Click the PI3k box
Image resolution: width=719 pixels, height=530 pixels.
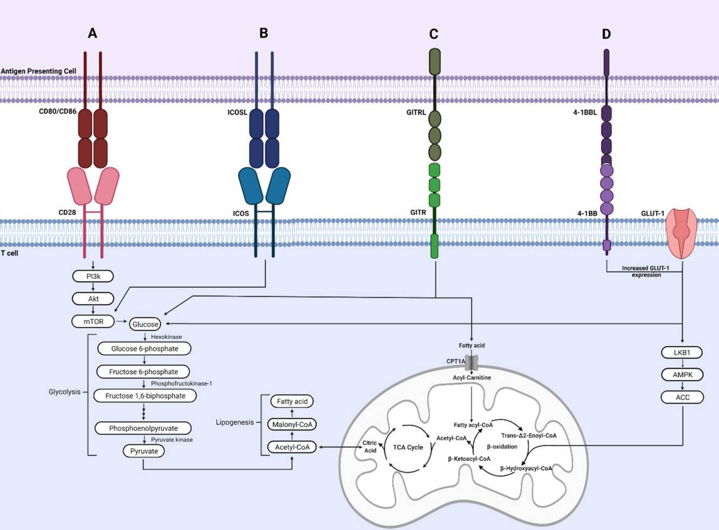point(93,276)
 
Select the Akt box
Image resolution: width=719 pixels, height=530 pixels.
point(93,298)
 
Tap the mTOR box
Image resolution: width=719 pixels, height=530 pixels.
point(93,321)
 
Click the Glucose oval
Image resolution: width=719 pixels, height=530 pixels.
point(145,324)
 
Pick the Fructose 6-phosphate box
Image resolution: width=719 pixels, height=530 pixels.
point(145,372)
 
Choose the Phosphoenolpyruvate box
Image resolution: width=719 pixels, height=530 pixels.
point(145,428)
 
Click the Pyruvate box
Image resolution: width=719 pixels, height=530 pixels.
point(145,450)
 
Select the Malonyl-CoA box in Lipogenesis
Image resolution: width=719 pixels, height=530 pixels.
point(291,424)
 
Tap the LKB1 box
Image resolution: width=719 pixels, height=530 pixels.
point(682,352)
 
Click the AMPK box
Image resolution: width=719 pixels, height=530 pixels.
point(682,375)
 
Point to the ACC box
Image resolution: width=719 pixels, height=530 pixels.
point(682,397)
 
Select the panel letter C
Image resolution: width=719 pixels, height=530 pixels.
point(433,34)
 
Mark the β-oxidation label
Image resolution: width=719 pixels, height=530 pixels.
point(502,447)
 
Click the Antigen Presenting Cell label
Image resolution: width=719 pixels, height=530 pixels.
point(38,71)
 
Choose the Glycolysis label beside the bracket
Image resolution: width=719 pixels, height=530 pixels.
point(65,392)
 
